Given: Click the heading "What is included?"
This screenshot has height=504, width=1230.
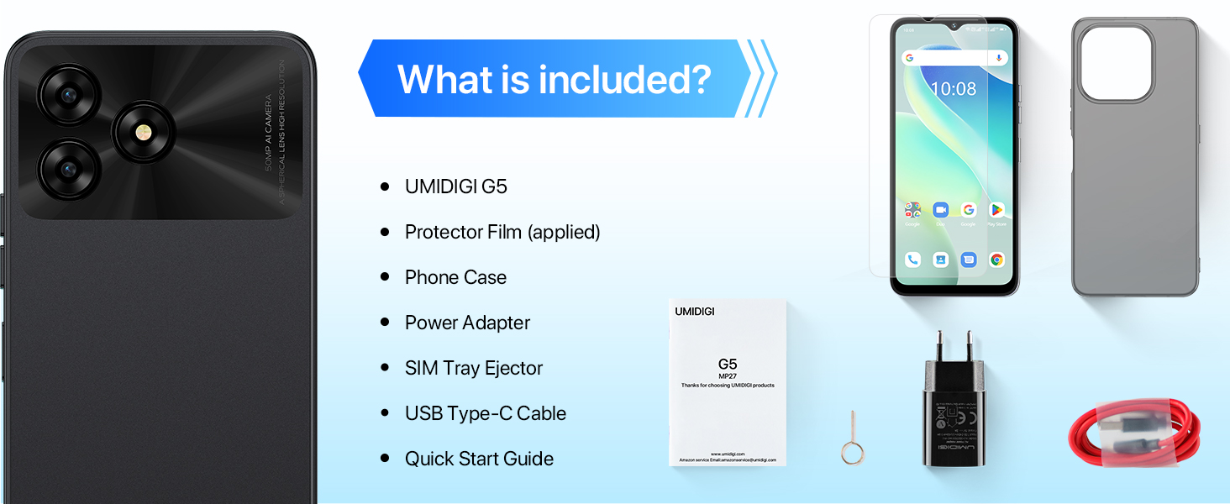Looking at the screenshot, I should pyautogui.click(x=555, y=79).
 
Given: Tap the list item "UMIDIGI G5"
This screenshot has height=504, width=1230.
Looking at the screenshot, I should pyautogui.click(x=455, y=186).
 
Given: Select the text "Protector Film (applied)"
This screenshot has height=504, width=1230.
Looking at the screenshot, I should pyautogui.click(x=502, y=232).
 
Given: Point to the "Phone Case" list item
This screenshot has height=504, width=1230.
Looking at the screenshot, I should pyautogui.click(x=455, y=277).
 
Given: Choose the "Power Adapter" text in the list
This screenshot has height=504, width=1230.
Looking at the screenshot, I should pyautogui.click(x=467, y=323).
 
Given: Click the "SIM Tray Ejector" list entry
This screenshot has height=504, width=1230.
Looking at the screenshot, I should pyautogui.click(x=474, y=368).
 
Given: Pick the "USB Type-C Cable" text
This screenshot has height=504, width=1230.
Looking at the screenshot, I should pyautogui.click(x=486, y=413).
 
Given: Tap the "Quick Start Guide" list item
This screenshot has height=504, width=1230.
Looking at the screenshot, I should pyautogui.click(x=479, y=459).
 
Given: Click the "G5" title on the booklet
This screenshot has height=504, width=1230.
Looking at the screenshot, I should pyautogui.click(x=728, y=365).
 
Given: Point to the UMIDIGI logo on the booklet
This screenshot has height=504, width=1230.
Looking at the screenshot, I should pyautogui.click(x=695, y=312).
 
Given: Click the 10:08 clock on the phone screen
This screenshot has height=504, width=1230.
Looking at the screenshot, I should pyautogui.click(x=954, y=88).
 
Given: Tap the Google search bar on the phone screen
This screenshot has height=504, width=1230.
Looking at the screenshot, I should pyautogui.click(x=954, y=58).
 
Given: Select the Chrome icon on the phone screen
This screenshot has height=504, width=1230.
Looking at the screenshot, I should pyautogui.click(x=996, y=260).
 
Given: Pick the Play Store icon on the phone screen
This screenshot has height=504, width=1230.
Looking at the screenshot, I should pyautogui.click(x=996, y=209).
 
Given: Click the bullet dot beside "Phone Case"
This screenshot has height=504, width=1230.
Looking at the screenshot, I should pyautogui.click(x=386, y=277).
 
